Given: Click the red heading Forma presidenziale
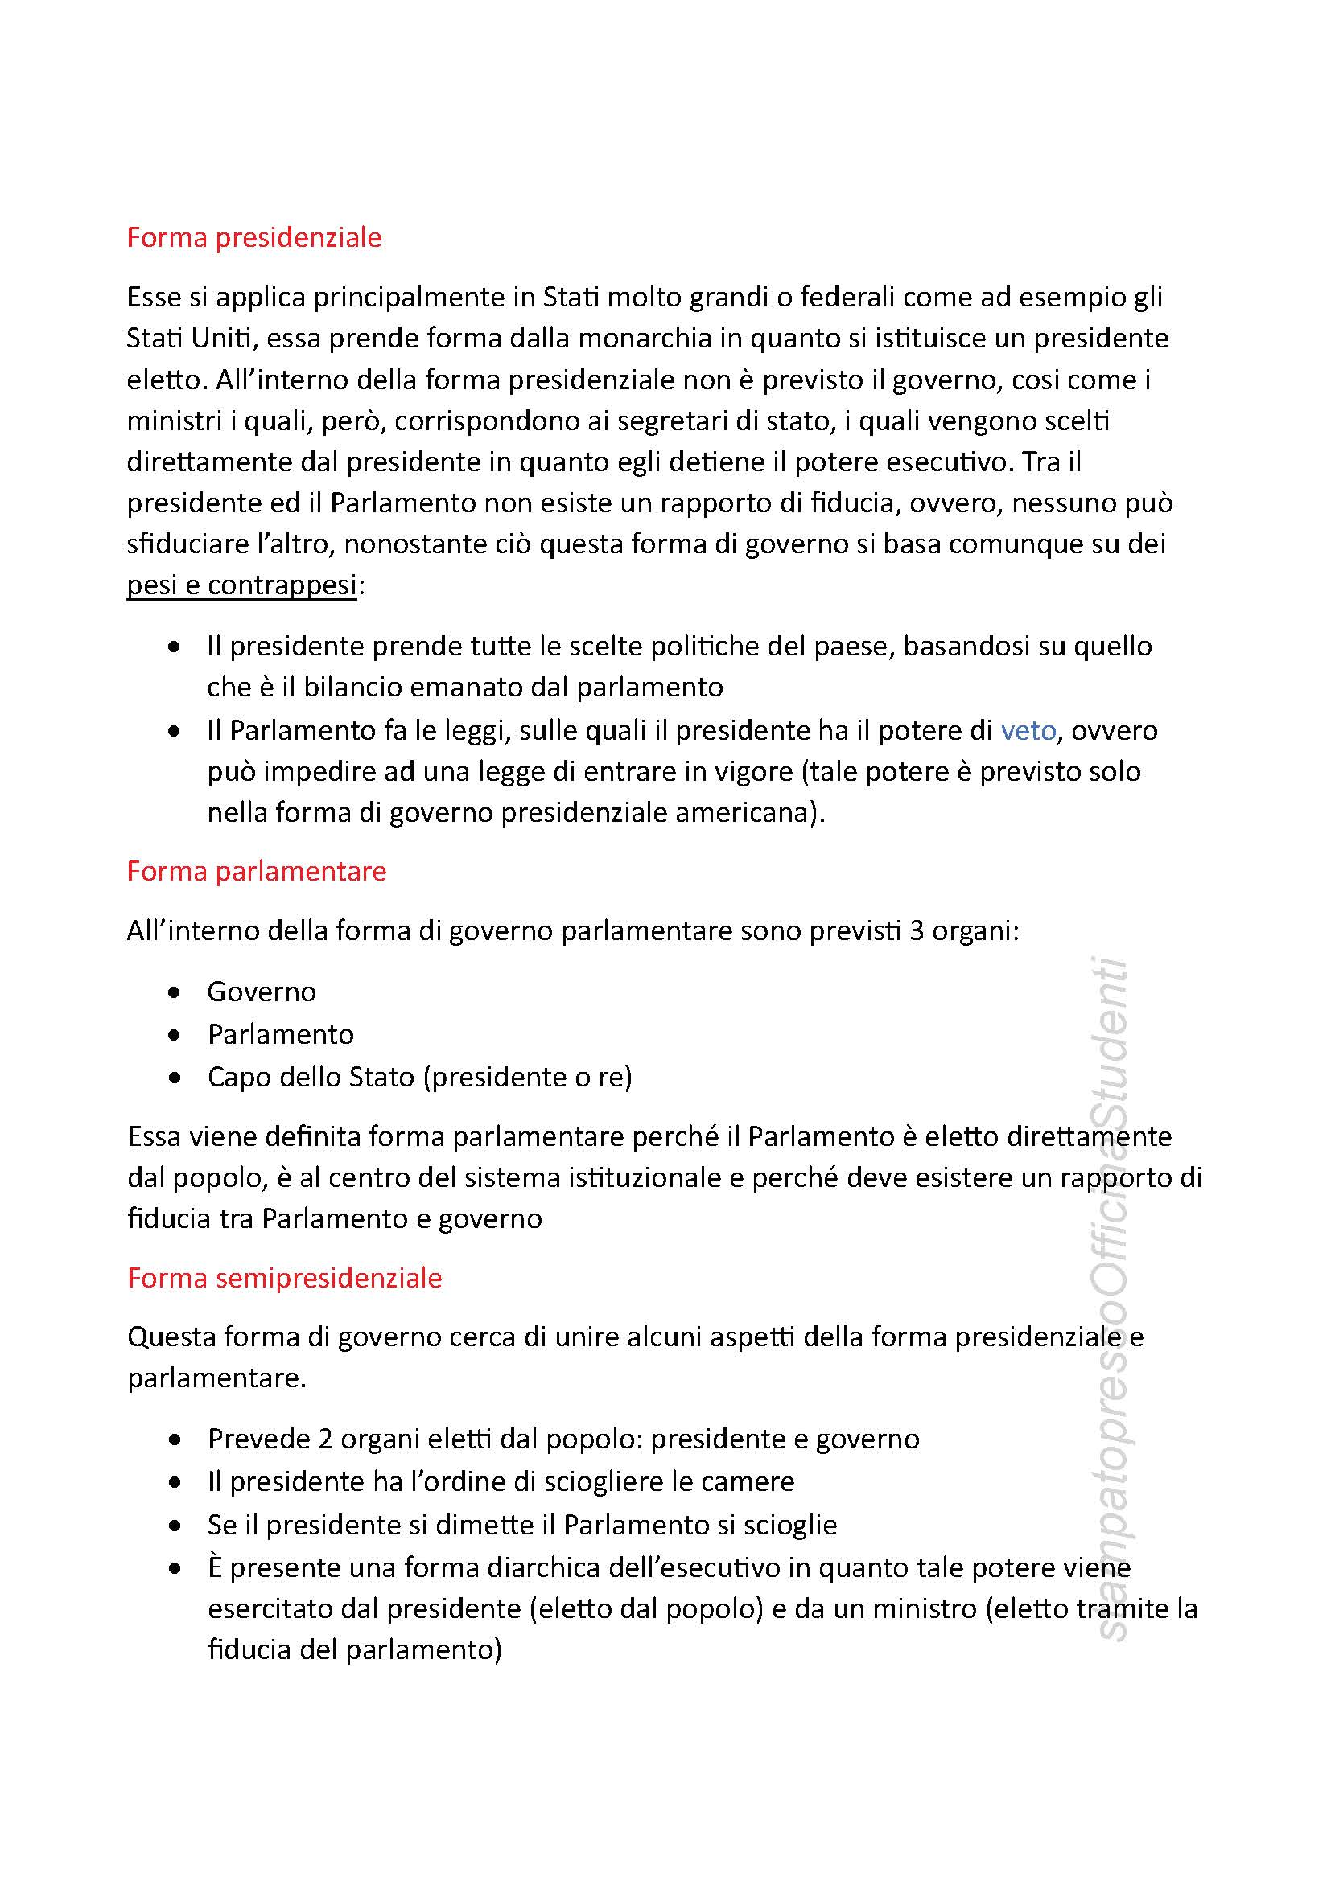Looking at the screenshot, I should (254, 237).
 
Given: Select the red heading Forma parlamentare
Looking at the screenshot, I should (257, 871).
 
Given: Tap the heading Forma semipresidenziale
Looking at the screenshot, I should (284, 1278).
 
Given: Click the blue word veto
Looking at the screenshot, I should (1028, 730).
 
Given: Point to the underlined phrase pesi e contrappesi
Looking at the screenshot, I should (241, 585).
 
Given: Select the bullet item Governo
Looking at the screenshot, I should (262, 992).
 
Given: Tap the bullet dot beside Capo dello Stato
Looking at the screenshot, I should (175, 1078).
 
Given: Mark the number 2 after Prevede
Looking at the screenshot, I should (325, 1439).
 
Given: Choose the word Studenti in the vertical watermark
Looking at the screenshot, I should (1111, 1033).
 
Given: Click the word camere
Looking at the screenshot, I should (755, 1481).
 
